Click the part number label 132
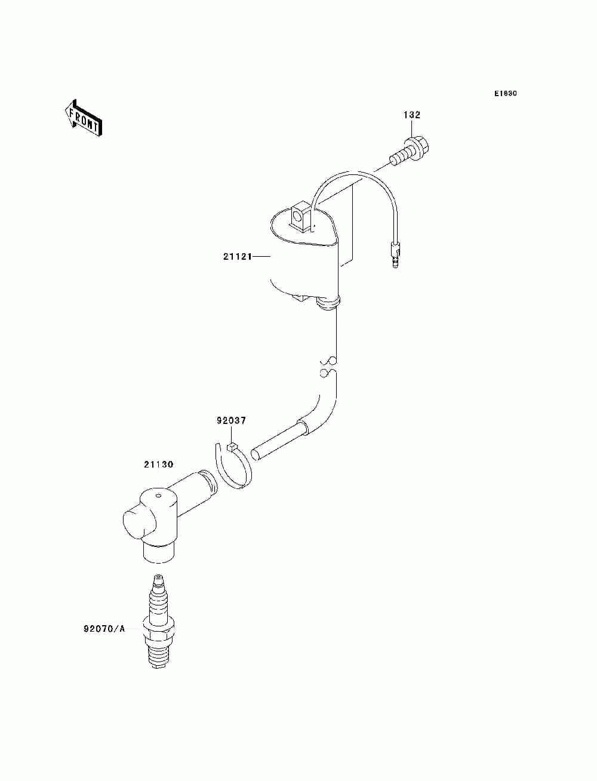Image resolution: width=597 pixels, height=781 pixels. coord(412,115)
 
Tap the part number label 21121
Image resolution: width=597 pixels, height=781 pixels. coord(234,256)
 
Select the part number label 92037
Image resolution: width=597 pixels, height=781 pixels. coord(230,420)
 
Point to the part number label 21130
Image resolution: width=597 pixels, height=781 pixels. coord(158,463)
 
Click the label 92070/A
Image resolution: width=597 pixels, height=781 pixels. coord(104,629)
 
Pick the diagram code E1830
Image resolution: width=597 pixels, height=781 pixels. coord(505,94)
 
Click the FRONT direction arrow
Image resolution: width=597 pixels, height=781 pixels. coord(82,118)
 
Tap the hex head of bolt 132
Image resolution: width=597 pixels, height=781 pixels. coord(420,144)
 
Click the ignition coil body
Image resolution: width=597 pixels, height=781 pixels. coord(304,263)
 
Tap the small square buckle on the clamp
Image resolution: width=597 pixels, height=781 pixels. coord(232,444)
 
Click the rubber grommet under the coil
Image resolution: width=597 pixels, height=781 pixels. coord(328,304)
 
